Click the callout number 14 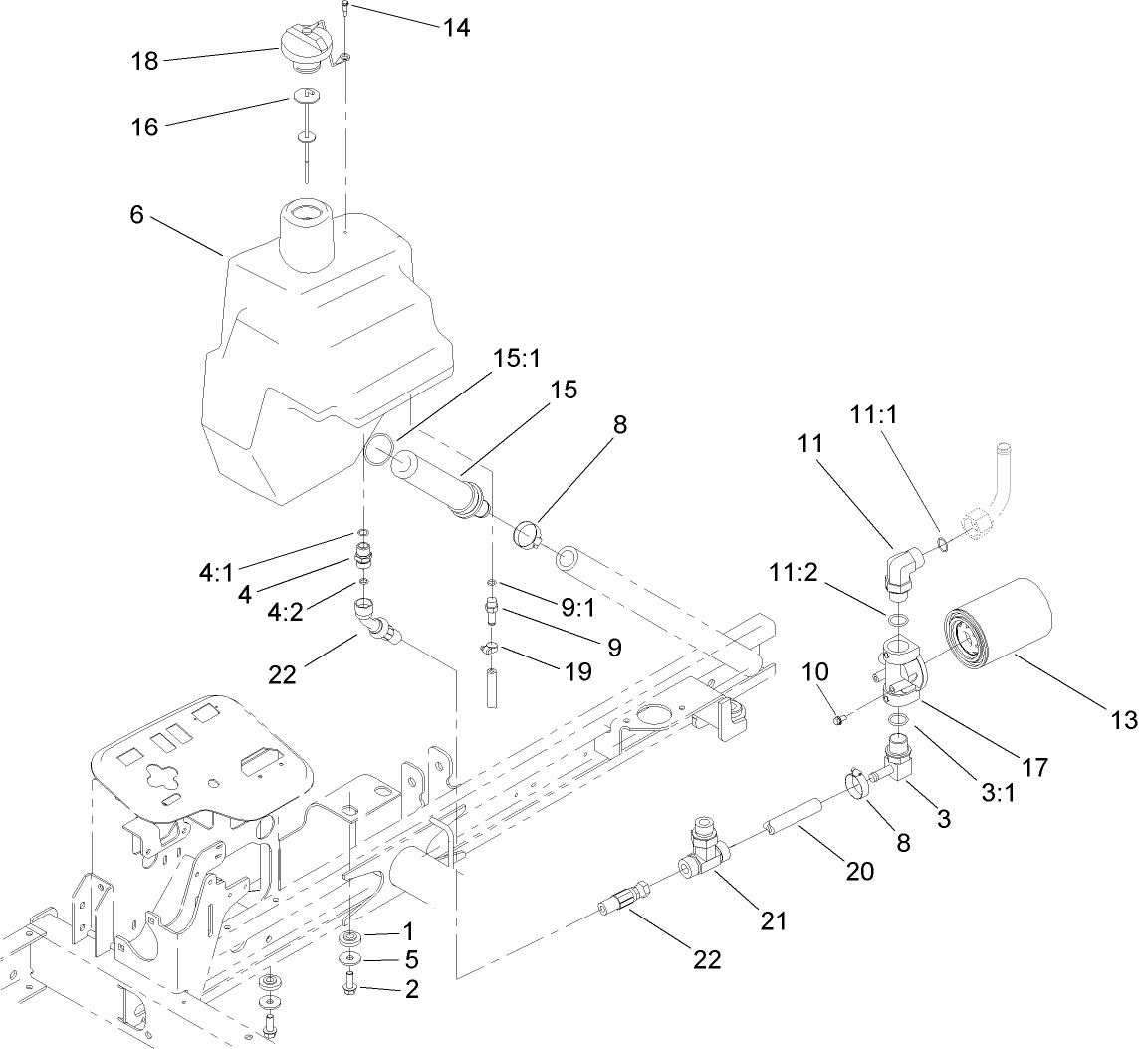(456, 27)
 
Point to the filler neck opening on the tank (305, 213)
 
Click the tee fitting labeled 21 (702, 856)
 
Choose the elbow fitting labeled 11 (904, 571)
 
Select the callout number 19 (576, 672)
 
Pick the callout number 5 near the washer (409, 960)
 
